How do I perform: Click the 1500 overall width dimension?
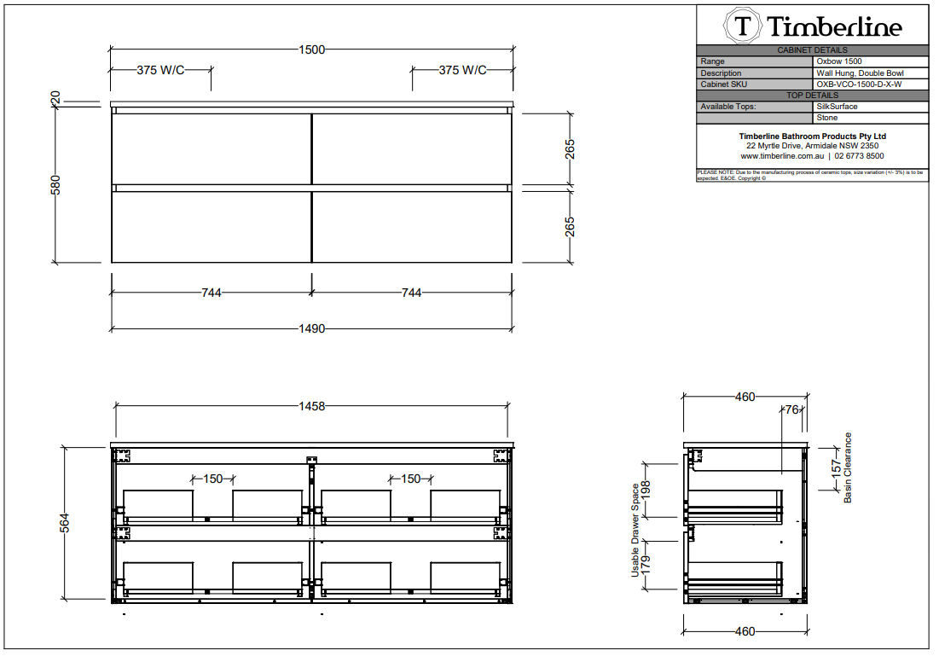coord(311,49)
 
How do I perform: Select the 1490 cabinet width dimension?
coord(311,329)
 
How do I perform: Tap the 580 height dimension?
coord(55,185)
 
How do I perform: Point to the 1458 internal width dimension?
coord(311,406)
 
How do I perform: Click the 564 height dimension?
coord(65,523)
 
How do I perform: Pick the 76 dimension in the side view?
coord(791,409)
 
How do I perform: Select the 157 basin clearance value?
coord(836,468)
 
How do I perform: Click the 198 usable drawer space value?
coord(645,490)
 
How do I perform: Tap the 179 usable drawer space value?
coord(645,565)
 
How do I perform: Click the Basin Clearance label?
coord(848,467)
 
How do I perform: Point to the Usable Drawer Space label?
coord(635,531)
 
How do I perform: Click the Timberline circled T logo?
coord(743,26)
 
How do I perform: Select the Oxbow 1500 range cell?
coord(839,61)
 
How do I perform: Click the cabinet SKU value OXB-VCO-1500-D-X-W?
coord(859,84)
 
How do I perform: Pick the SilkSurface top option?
coord(837,107)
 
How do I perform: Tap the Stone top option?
coord(827,118)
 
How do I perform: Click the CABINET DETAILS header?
coord(812,50)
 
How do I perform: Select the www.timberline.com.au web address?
coord(782,156)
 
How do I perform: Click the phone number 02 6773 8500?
coord(859,156)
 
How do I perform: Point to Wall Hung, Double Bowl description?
coord(860,73)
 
